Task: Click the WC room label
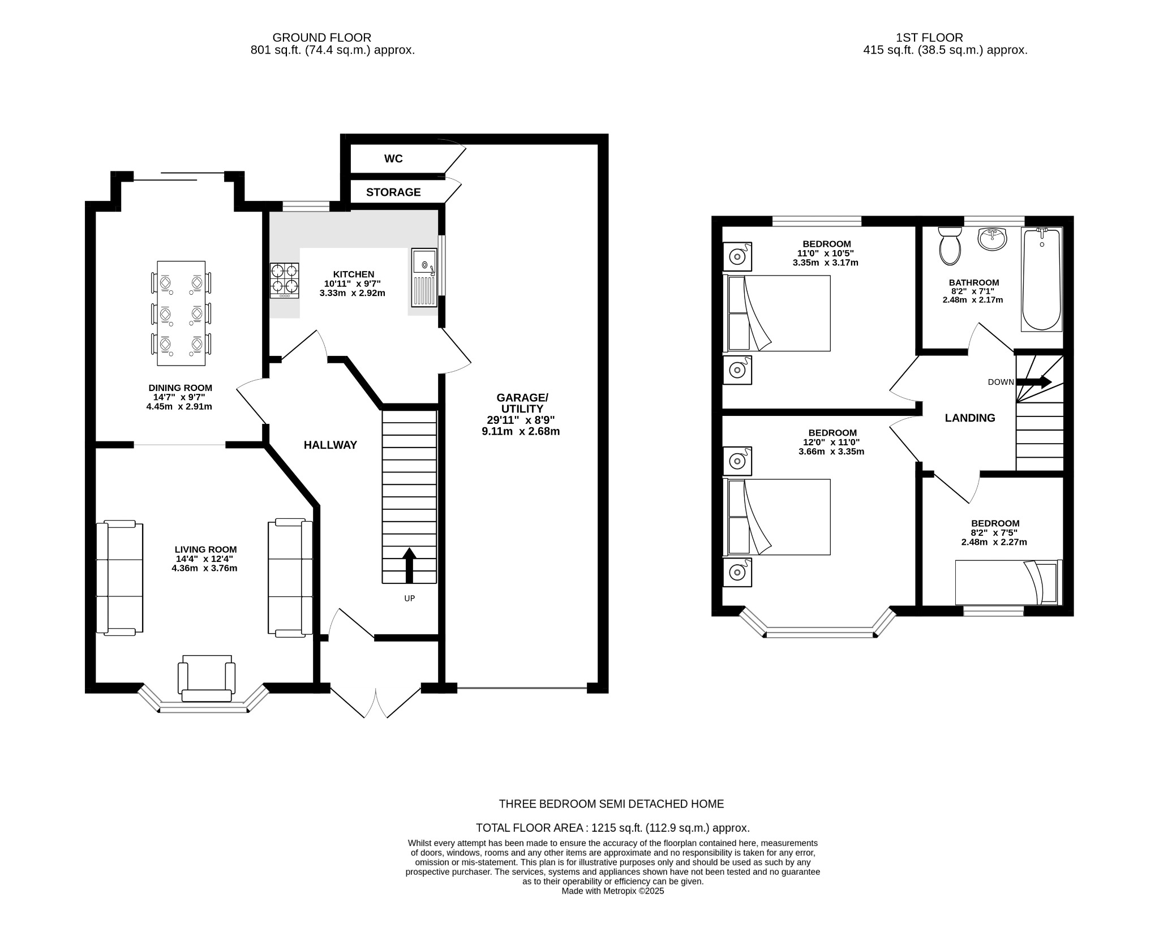[x=393, y=159]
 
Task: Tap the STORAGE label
[x=393, y=192]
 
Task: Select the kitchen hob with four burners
[x=284, y=280]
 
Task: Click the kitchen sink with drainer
[x=424, y=277]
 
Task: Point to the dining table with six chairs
[x=181, y=313]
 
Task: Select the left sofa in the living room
[x=119, y=578]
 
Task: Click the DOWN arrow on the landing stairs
[x=1034, y=382]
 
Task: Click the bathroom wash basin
[x=992, y=239]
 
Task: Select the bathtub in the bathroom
[x=1041, y=279]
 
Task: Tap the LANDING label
[x=970, y=418]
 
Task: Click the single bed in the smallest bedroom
[x=1008, y=582]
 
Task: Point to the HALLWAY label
[x=330, y=445]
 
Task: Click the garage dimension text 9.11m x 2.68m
[x=520, y=432]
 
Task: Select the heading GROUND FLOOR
[x=321, y=37]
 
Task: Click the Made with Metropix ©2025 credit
[x=612, y=891]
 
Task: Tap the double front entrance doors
[x=376, y=702]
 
